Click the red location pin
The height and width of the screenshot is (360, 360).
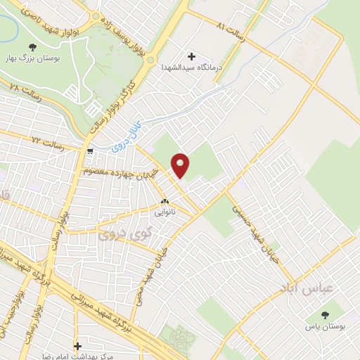click(x=181, y=166)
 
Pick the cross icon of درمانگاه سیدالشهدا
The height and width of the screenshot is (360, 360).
click(x=191, y=56)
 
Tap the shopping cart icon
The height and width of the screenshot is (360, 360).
click(x=90, y=152)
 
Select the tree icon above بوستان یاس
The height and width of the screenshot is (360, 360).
click(x=324, y=314)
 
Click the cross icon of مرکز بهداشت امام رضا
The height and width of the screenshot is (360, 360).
click(x=77, y=346)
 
